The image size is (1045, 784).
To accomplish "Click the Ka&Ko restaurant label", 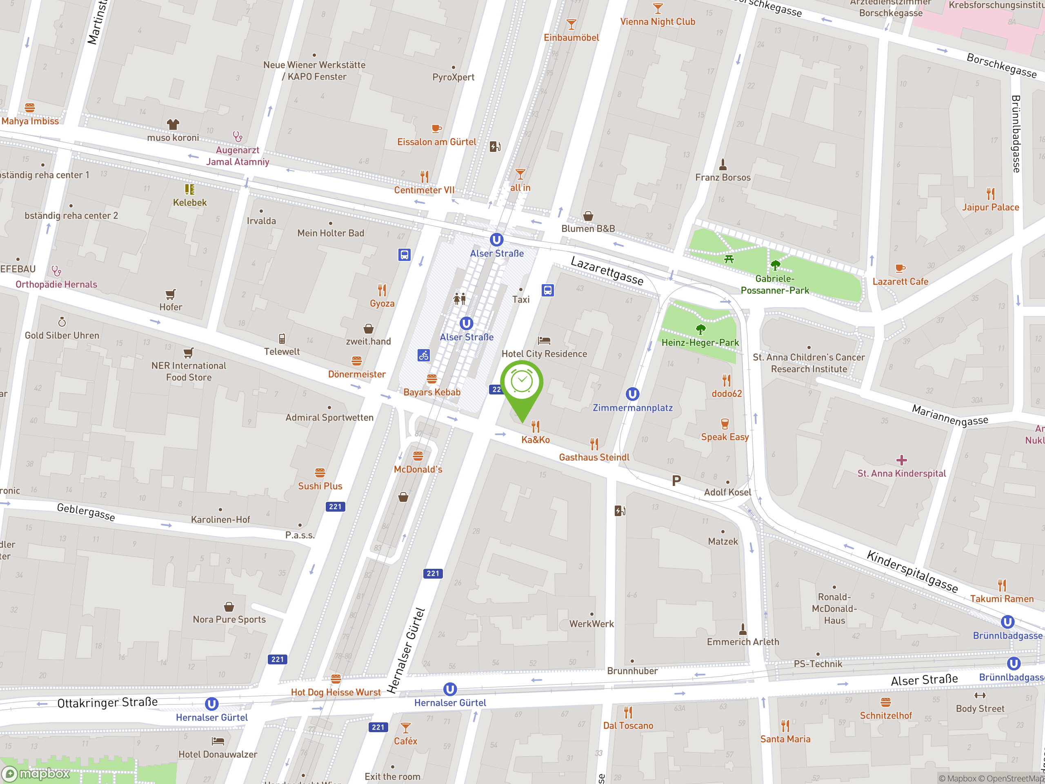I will pyautogui.click(x=535, y=439).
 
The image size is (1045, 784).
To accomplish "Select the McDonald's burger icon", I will pyautogui.click(x=418, y=456).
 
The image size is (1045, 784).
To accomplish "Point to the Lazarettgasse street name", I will pyautogui.click(x=607, y=271).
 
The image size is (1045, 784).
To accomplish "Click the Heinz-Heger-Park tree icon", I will pyautogui.click(x=700, y=329).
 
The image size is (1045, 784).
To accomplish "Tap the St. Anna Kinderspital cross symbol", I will pyautogui.click(x=901, y=460).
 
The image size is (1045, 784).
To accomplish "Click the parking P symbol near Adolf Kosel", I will pyautogui.click(x=676, y=481).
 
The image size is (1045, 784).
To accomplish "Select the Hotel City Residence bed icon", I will pyautogui.click(x=544, y=340).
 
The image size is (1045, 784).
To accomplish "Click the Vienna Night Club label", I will pyautogui.click(x=657, y=22).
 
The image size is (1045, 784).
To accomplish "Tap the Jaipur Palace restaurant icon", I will pyautogui.click(x=990, y=194).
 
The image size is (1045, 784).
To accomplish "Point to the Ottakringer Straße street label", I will pyautogui.click(x=107, y=702).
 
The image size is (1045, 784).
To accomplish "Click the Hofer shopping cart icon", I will pyautogui.click(x=171, y=294).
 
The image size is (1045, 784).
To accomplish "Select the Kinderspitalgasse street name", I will pyautogui.click(x=912, y=571).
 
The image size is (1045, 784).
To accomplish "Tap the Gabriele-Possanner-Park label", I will pyautogui.click(x=774, y=285).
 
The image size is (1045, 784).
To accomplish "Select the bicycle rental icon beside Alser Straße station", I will pyautogui.click(x=423, y=355).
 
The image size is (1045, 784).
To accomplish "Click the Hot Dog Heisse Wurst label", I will pyautogui.click(x=336, y=692).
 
